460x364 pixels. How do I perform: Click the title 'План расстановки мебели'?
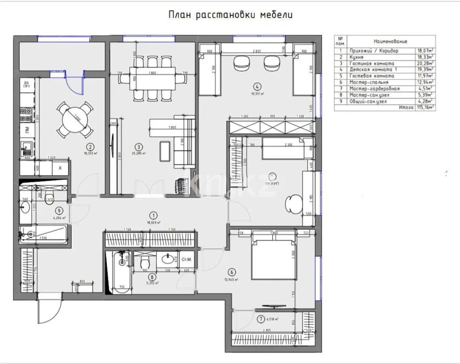click(x=230, y=15)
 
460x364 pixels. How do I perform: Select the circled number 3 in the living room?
click(x=139, y=147)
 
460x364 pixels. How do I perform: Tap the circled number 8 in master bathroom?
click(x=152, y=277)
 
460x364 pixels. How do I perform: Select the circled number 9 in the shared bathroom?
click(x=60, y=210)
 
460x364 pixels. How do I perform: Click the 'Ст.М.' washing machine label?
click(x=187, y=259)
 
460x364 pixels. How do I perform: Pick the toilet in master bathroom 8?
click(x=145, y=263)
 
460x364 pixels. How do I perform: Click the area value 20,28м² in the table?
click(x=425, y=63)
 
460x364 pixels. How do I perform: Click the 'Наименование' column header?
click(x=390, y=41)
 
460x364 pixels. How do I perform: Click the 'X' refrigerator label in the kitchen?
click(x=60, y=168)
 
